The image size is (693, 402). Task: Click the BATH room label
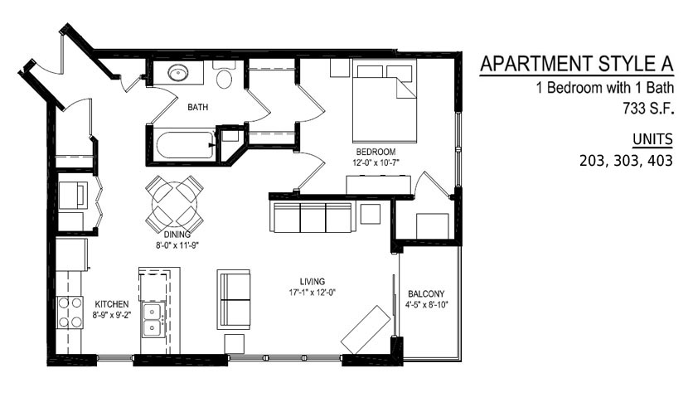[x=197, y=107]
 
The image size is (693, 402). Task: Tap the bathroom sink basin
[x=177, y=73]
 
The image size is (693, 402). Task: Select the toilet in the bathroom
[x=225, y=75]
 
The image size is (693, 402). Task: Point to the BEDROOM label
[x=376, y=152]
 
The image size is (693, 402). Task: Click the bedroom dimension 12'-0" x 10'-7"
[x=376, y=162]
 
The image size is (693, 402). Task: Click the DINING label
[x=177, y=235]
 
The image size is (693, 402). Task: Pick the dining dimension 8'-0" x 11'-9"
[x=177, y=245]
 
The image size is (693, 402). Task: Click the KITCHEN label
[x=112, y=304]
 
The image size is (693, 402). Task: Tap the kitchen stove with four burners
[x=70, y=312]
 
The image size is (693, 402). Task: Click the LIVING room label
[x=313, y=282]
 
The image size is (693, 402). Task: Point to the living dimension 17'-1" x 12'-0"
[x=313, y=292]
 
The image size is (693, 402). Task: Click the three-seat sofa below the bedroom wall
[x=313, y=217]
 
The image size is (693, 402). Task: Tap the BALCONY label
[x=426, y=293]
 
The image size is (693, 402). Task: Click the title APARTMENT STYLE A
[x=577, y=64]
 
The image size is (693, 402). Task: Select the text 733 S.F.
[x=649, y=108]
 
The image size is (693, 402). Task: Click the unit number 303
[x=628, y=160]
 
